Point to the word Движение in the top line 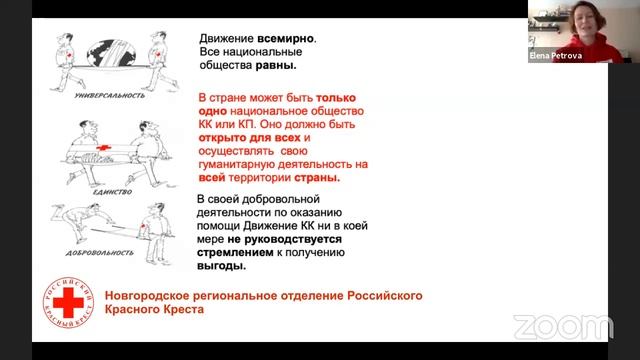[230, 38]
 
